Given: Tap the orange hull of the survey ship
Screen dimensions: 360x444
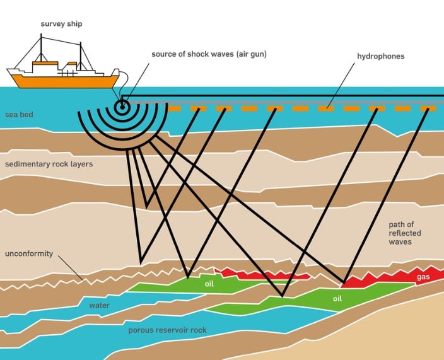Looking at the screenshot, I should click(63, 81).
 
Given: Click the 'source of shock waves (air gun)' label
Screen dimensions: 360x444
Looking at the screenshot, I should click(209, 54).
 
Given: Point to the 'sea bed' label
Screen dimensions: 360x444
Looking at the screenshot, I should click(19, 115).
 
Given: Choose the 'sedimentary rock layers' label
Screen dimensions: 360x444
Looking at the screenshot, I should click(49, 165).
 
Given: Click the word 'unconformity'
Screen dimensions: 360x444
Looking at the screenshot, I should click(28, 254).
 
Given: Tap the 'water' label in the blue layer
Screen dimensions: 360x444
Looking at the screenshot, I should click(99, 306).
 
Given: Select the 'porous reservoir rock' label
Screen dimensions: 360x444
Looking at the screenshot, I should click(167, 330).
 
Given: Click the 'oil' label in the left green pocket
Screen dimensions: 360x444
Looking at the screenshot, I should click(210, 284).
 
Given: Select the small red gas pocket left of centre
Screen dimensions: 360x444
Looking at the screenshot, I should click(265, 275).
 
